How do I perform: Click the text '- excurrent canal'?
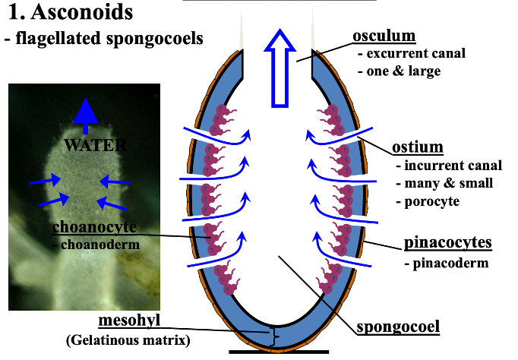[x=411, y=54]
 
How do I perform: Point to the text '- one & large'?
[x=400, y=71]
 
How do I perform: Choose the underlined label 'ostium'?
[x=417, y=147]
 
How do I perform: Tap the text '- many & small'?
[x=444, y=183]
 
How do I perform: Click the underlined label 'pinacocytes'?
[x=448, y=243]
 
